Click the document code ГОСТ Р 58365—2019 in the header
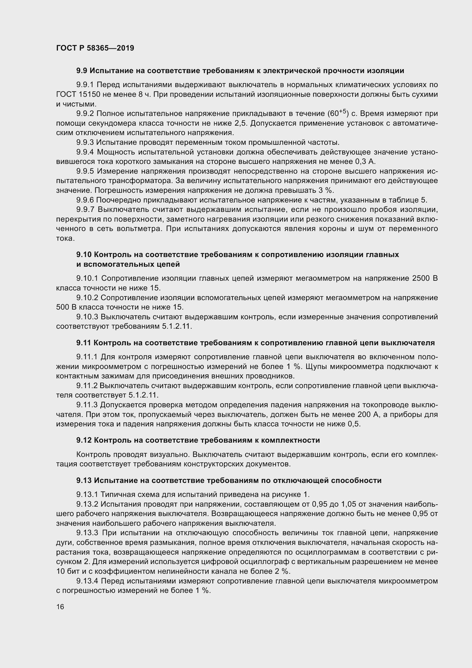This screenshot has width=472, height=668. pos(95,48)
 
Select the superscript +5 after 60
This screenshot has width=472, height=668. pos(343,111)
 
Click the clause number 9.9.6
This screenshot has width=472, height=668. pos(85,200)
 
